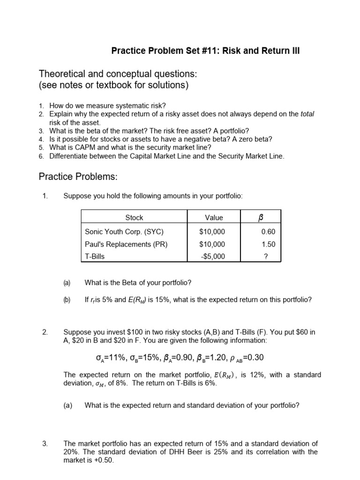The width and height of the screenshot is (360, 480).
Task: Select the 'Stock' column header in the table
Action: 134,217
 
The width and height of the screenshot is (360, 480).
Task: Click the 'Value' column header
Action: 214,217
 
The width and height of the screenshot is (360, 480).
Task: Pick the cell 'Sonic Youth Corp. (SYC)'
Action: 124,232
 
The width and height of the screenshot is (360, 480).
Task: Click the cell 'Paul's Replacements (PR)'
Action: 126,244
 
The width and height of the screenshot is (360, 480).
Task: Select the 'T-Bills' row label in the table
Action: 95,256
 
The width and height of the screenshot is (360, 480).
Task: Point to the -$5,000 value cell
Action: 212,256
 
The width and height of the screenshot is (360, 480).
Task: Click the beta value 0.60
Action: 268,232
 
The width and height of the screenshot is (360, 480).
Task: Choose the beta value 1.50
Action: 268,244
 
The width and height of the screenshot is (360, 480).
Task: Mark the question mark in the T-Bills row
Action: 266,256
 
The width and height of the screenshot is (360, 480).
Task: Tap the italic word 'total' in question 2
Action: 307,114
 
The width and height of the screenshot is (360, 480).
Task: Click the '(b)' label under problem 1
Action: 67,300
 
